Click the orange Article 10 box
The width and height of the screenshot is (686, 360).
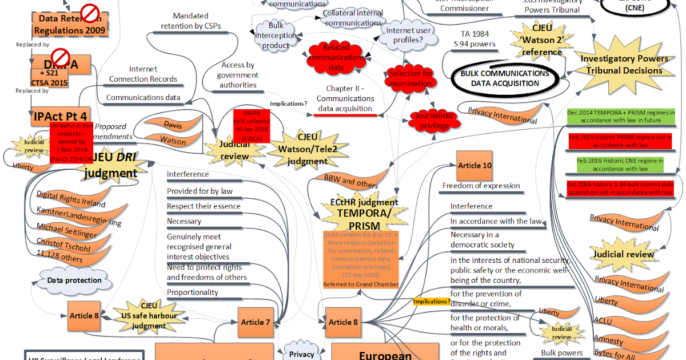(x=474, y=166)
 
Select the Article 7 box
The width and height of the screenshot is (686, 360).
(x=256, y=322)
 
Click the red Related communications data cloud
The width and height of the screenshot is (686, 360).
(x=336, y=57)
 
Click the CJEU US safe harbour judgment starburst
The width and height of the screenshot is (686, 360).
(x=148, y=315)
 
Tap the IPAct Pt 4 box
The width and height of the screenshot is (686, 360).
(x=60, y=117)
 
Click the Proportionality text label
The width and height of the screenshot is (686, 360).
(x=193, y=293)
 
